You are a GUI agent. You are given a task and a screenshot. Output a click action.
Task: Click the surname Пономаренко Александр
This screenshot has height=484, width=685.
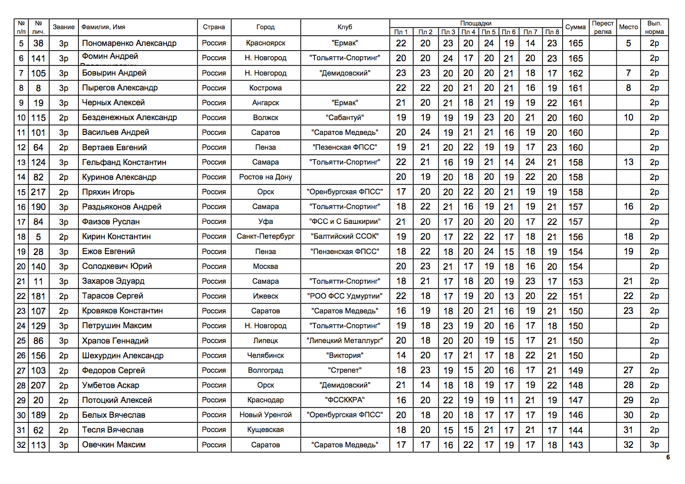[129, 43]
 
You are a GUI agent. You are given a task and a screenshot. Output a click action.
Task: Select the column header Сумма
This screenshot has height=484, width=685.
[575, 27]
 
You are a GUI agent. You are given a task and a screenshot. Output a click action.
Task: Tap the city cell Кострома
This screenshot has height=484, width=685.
[265, 88]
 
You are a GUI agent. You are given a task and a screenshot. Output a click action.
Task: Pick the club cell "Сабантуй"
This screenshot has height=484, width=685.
[345, 118]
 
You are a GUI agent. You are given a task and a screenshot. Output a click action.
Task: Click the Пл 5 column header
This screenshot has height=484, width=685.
[488, 32]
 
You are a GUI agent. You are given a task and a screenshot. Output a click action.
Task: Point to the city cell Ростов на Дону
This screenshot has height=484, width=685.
[265, 177]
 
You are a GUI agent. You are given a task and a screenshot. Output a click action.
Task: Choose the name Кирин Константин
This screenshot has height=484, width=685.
[116, 236]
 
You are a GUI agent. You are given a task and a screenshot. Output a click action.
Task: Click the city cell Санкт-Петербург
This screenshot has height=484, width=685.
[265, 236]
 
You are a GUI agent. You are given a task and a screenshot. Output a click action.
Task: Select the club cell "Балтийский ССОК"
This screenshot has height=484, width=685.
[345, 236]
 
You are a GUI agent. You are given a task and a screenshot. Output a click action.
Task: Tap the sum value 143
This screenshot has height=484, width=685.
[575, 445]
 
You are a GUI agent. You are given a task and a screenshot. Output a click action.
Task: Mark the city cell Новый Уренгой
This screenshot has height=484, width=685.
[265, 415]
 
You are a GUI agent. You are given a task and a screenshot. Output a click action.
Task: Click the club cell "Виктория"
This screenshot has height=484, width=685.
[345, 356]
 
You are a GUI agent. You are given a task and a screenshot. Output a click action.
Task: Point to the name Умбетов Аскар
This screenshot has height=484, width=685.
[110, 385]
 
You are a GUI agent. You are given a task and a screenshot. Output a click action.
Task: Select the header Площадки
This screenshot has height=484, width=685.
[476, 23]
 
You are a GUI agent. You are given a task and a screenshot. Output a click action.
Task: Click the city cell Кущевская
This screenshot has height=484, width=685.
[265, 430]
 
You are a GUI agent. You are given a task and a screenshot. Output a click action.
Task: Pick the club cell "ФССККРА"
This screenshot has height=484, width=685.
[345, 400]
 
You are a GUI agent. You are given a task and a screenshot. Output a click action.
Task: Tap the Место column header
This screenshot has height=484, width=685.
[628, 27]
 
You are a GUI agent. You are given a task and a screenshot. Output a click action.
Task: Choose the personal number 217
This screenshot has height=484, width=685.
[38, 192]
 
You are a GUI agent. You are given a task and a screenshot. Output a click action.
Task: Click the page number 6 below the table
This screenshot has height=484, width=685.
[668, 457]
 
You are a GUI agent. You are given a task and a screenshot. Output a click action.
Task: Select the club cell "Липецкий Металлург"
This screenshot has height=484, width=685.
[345, 341]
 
